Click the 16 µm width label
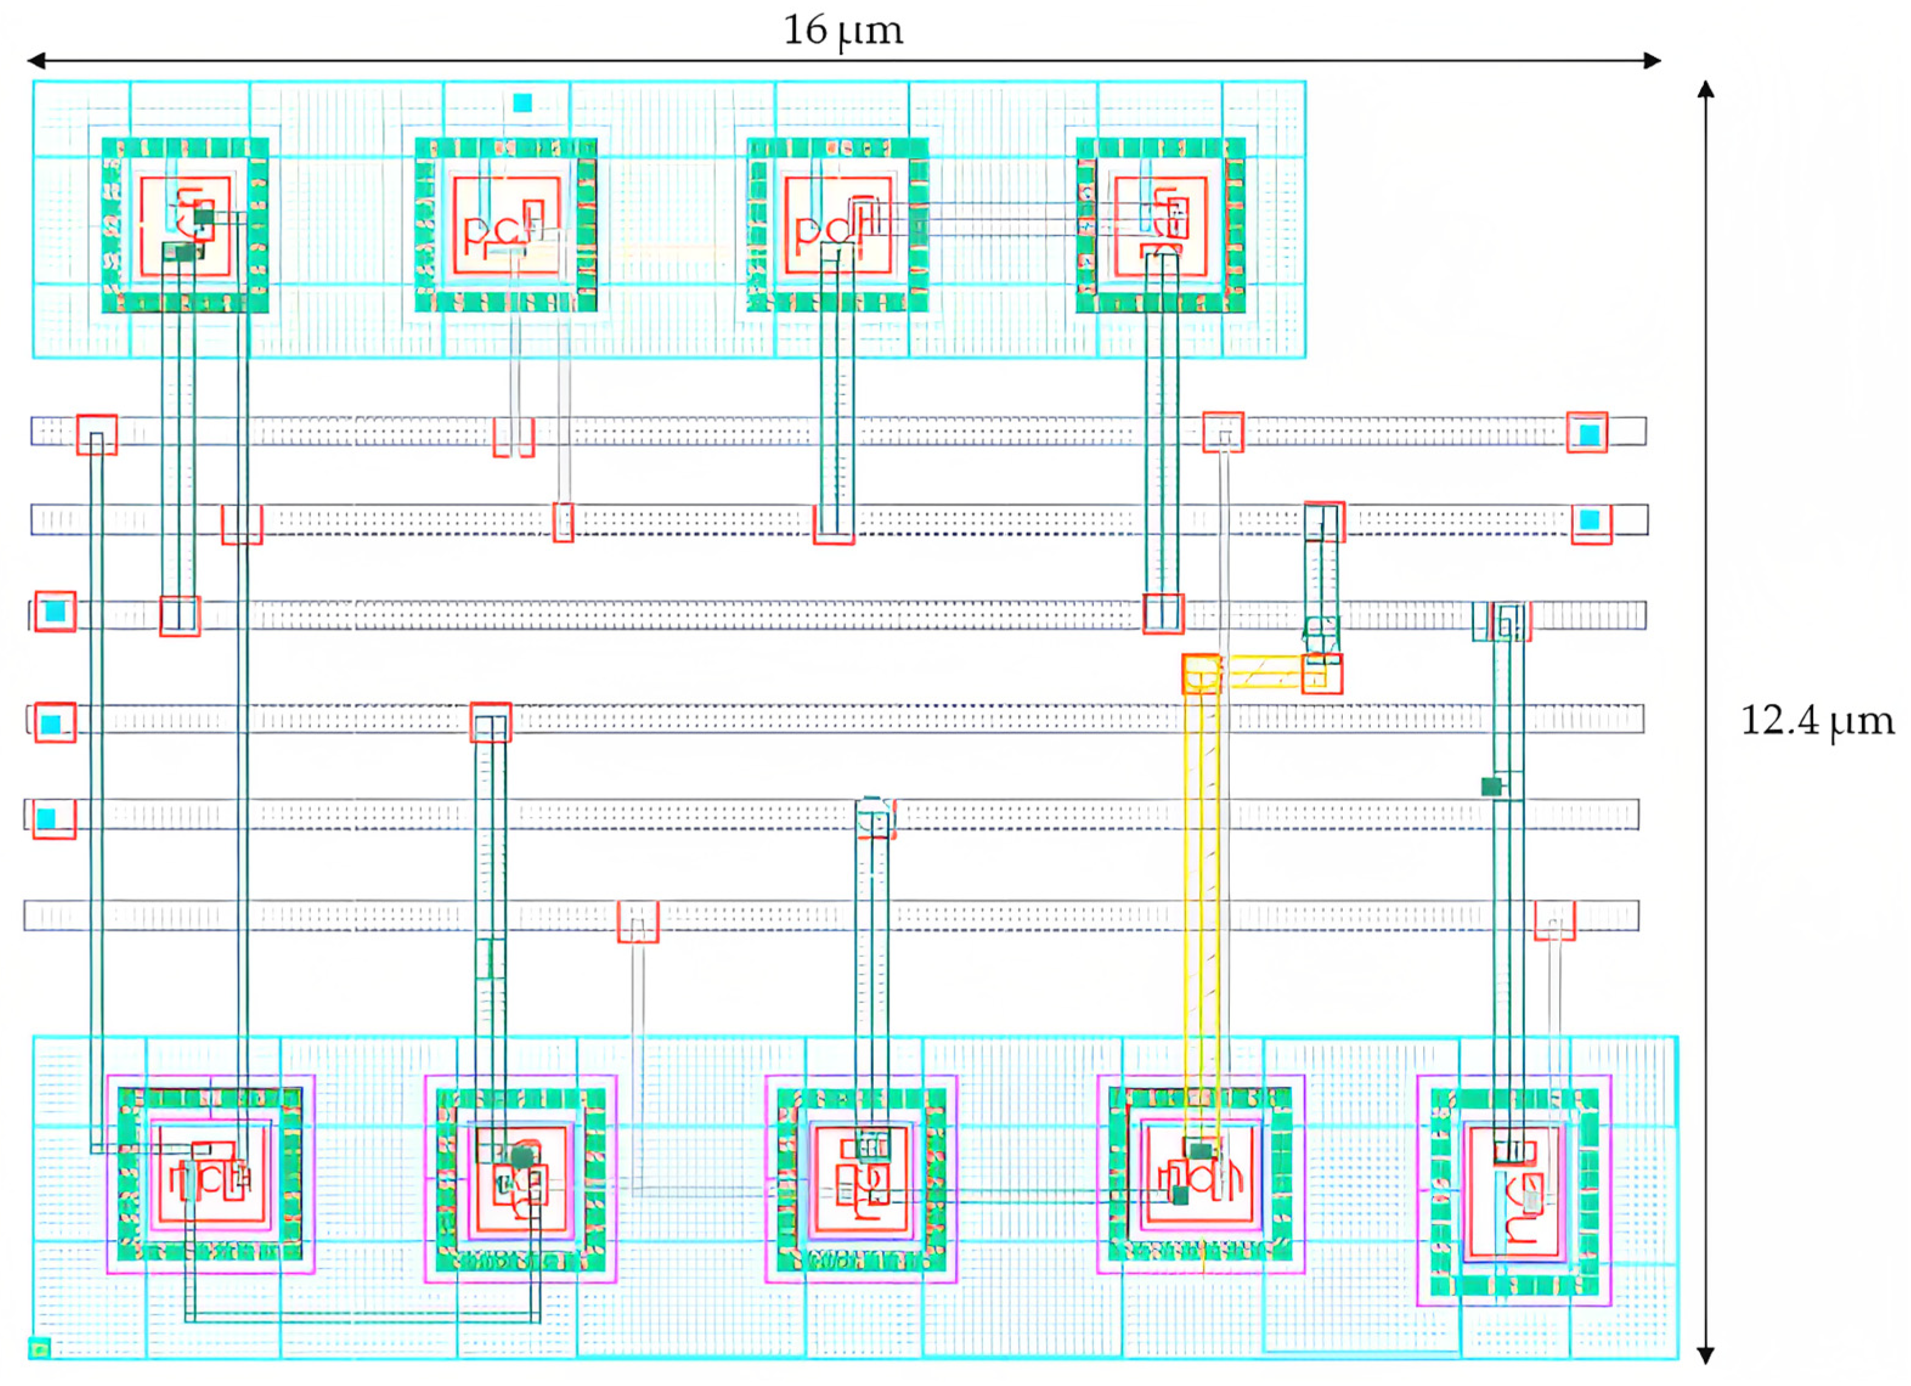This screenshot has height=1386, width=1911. [843, 31]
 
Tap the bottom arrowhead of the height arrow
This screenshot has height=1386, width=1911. [1706, 1356]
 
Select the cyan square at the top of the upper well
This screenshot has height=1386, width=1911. [523, 103]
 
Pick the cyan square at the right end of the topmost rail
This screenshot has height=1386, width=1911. [1588, 434]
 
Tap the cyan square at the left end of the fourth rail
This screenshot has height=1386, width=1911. [52, 724]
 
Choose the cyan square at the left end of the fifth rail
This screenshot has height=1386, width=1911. [46, 818]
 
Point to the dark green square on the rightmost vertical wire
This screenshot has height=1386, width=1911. [1491, 786]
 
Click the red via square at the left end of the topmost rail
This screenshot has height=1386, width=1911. [97, 434]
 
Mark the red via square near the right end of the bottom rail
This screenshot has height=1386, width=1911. [1554, 920]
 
